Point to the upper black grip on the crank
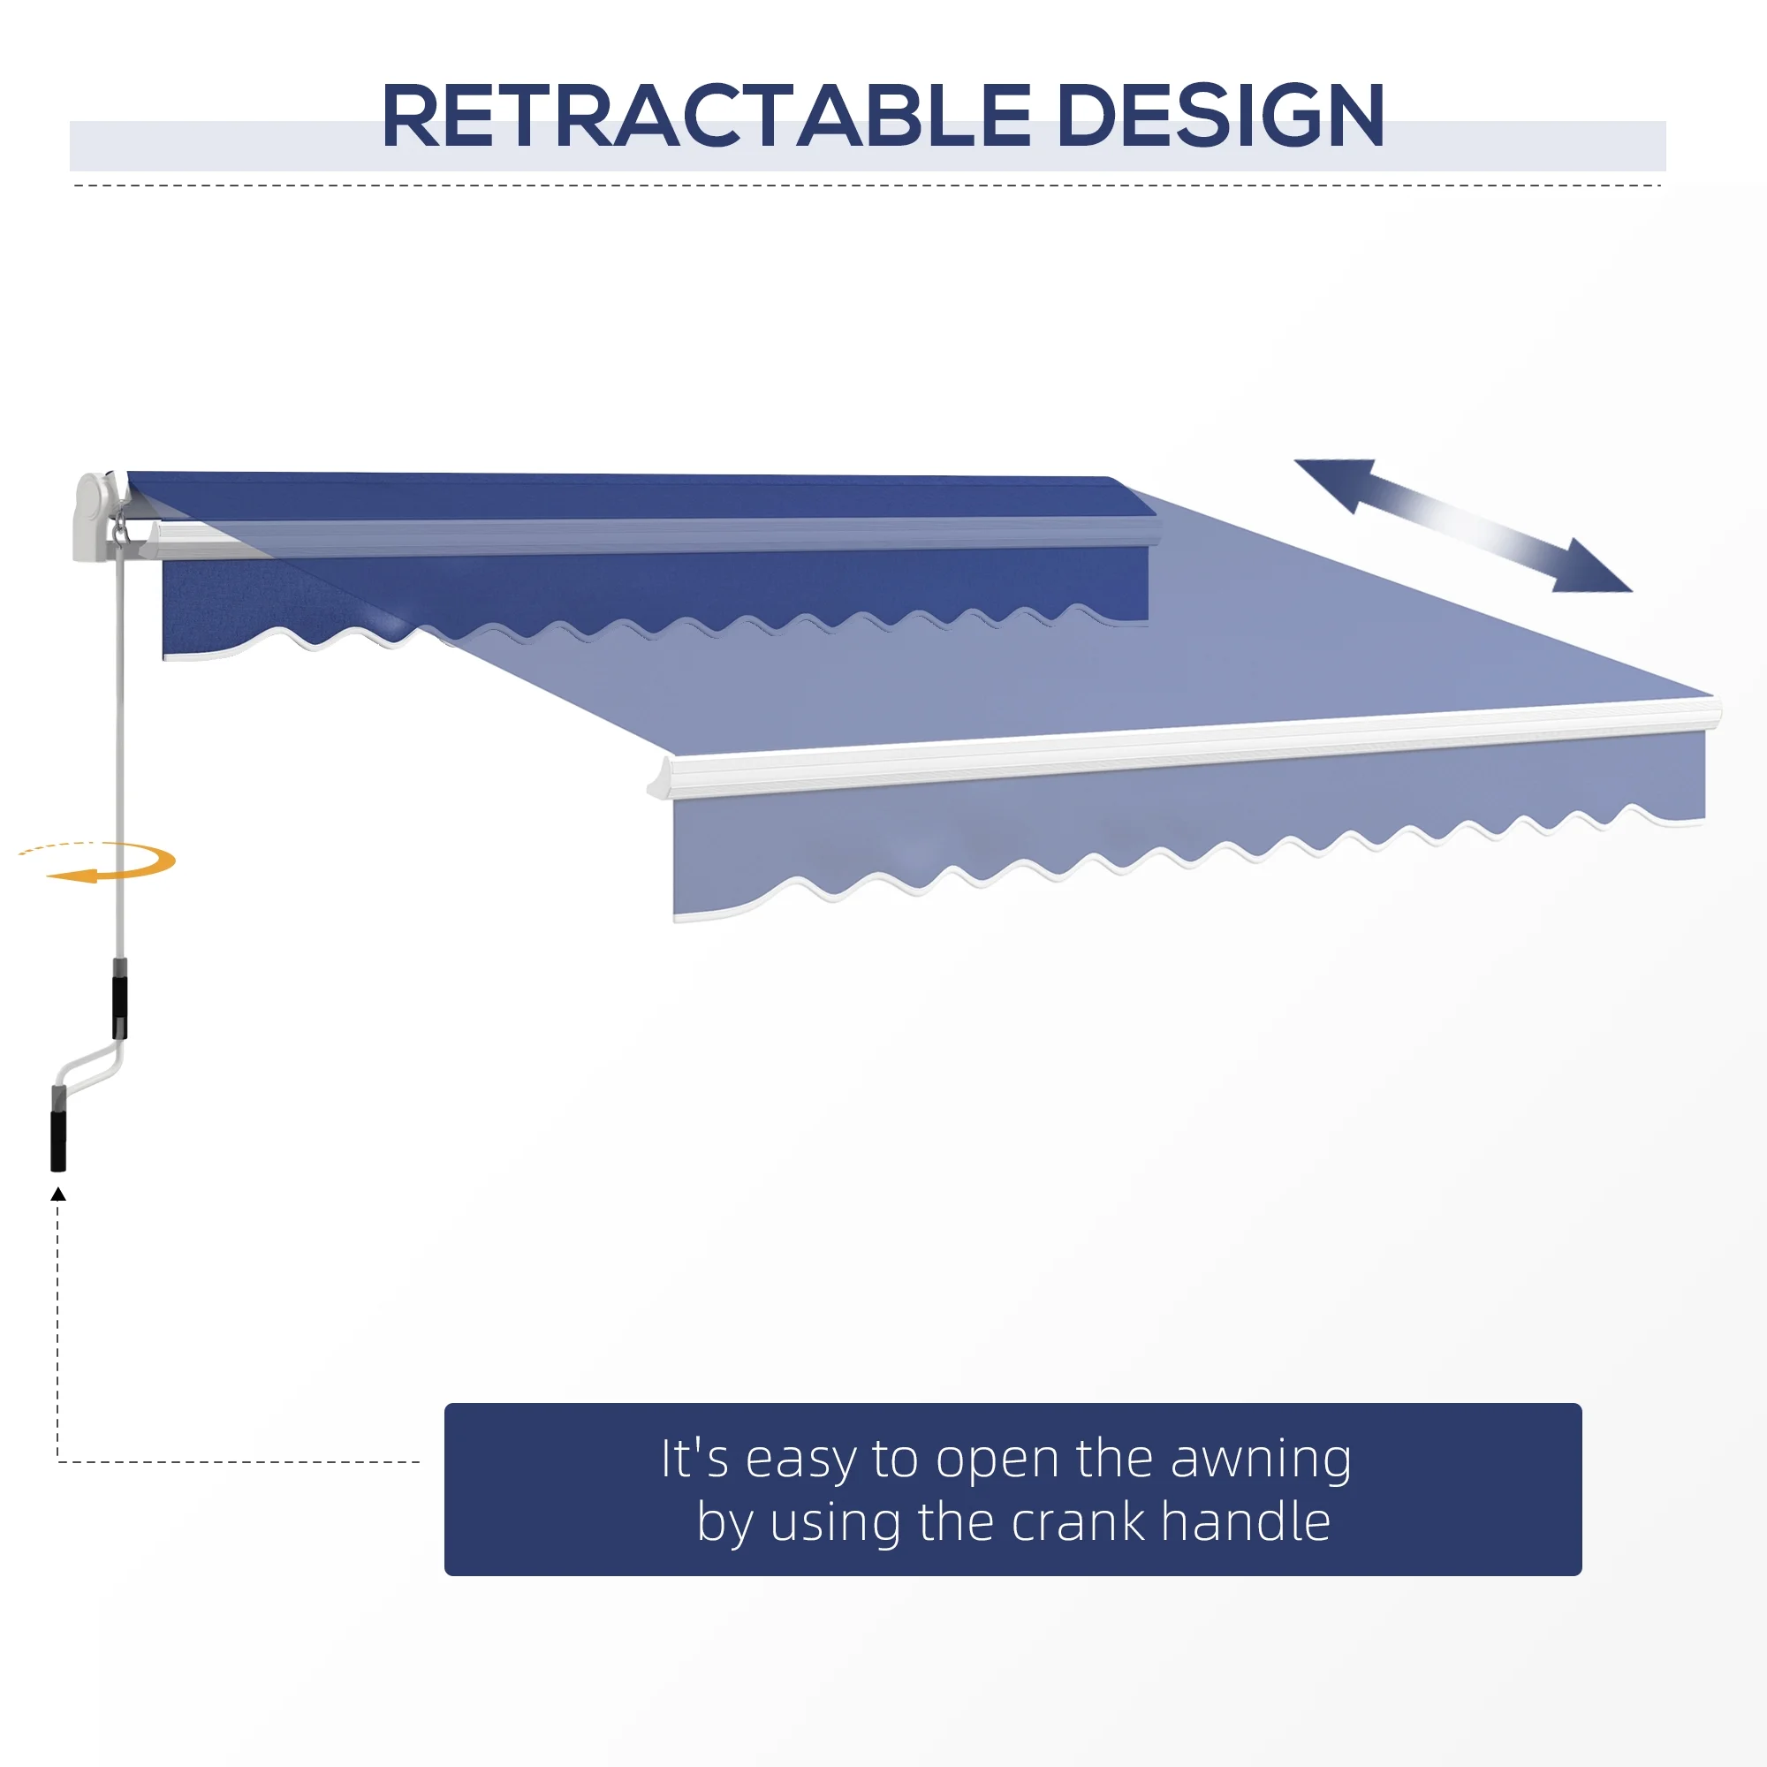(120, 1006)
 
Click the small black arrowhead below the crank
(58, 1194)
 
